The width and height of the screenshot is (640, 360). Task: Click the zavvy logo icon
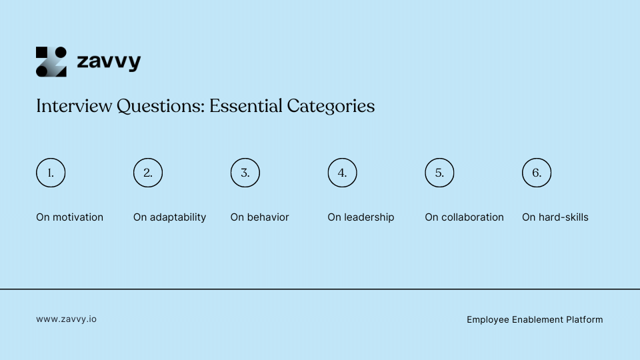point(51,62)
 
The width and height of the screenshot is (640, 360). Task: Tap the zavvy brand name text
point(109,62)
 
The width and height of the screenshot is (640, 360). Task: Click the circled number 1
point(51,173)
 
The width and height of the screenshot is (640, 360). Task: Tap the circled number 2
point(148,173)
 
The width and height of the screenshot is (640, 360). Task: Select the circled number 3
point(245,173)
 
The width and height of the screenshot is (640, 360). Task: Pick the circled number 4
point(342,173)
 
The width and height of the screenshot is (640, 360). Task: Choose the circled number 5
point(439,173)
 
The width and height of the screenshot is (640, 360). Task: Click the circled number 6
point(537,173)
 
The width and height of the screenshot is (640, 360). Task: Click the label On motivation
point(70,217)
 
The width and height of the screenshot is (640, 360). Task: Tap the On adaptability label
point(170,217)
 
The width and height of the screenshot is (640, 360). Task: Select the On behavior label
point(260,217)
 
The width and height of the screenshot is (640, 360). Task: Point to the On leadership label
point(361,217)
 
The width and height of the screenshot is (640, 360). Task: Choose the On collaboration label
point(465,217)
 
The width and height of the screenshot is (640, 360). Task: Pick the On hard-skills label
point(555,217)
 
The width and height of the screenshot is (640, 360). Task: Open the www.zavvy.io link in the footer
point(67,319)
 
